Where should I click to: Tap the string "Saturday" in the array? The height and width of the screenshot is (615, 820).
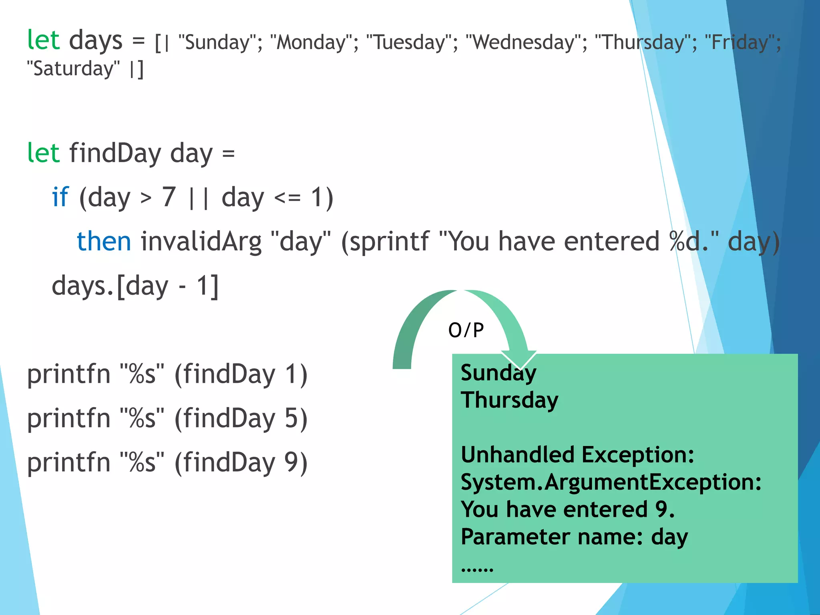coord(73,69)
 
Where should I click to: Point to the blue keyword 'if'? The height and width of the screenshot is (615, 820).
coord(60,197)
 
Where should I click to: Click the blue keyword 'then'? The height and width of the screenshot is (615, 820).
coord(104,241)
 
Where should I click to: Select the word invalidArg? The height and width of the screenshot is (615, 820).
coord(201,242)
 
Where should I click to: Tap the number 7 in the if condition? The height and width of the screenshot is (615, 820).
coord(169,197)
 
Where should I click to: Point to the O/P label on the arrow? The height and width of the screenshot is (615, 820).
coord(466,331)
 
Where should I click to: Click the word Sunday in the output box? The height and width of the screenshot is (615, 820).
coord(498,373)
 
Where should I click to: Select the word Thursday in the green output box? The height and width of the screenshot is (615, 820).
coord(509,400)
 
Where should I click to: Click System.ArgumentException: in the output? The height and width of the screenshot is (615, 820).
coord(611,482)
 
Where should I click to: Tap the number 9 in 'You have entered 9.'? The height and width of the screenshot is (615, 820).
coord(661,509)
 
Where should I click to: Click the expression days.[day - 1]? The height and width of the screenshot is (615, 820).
coord(135,287)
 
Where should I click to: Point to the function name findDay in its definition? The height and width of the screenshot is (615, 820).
coord(115,153)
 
